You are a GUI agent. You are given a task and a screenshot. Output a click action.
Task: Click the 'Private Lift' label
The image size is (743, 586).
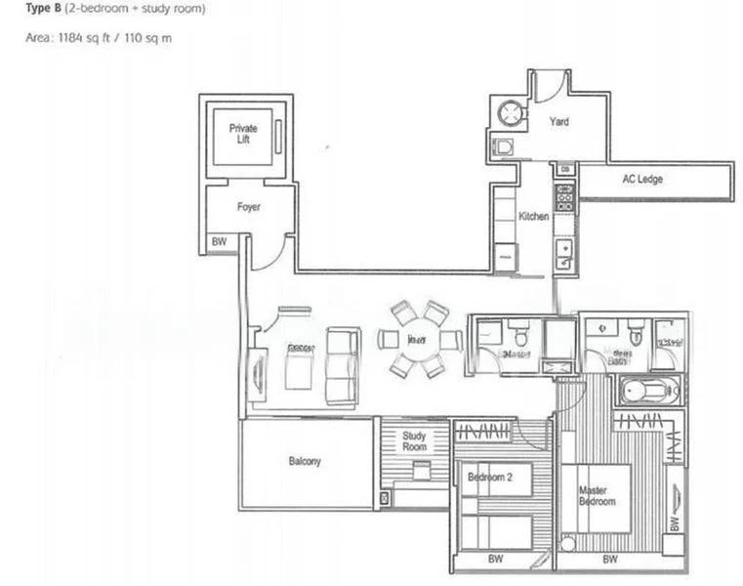tap(243, 134)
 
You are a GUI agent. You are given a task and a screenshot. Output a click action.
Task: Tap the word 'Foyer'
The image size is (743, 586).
tap(248, 207)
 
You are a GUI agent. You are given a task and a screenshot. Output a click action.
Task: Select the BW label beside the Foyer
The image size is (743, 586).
tap(218, 243)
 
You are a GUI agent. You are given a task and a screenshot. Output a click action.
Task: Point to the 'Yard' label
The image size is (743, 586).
tap(558, 122)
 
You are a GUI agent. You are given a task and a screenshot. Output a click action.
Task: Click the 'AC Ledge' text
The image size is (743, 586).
tap(642, 180)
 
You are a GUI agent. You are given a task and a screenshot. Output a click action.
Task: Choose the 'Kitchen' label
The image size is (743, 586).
tap(533, 217)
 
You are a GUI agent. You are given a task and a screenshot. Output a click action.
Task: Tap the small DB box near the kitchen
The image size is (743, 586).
tap(565, 170)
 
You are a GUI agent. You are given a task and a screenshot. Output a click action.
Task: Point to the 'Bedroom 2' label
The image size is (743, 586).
tap(490, 477)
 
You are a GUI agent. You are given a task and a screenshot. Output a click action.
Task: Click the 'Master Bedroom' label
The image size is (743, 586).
tap(597, 495)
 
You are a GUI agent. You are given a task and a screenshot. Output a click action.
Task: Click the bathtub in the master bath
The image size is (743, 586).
tap(647, 391)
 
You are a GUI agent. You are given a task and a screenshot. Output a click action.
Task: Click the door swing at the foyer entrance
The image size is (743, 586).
tap(268, 251)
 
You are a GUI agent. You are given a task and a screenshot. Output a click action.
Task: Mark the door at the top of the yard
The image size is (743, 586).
tap(549, 84)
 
